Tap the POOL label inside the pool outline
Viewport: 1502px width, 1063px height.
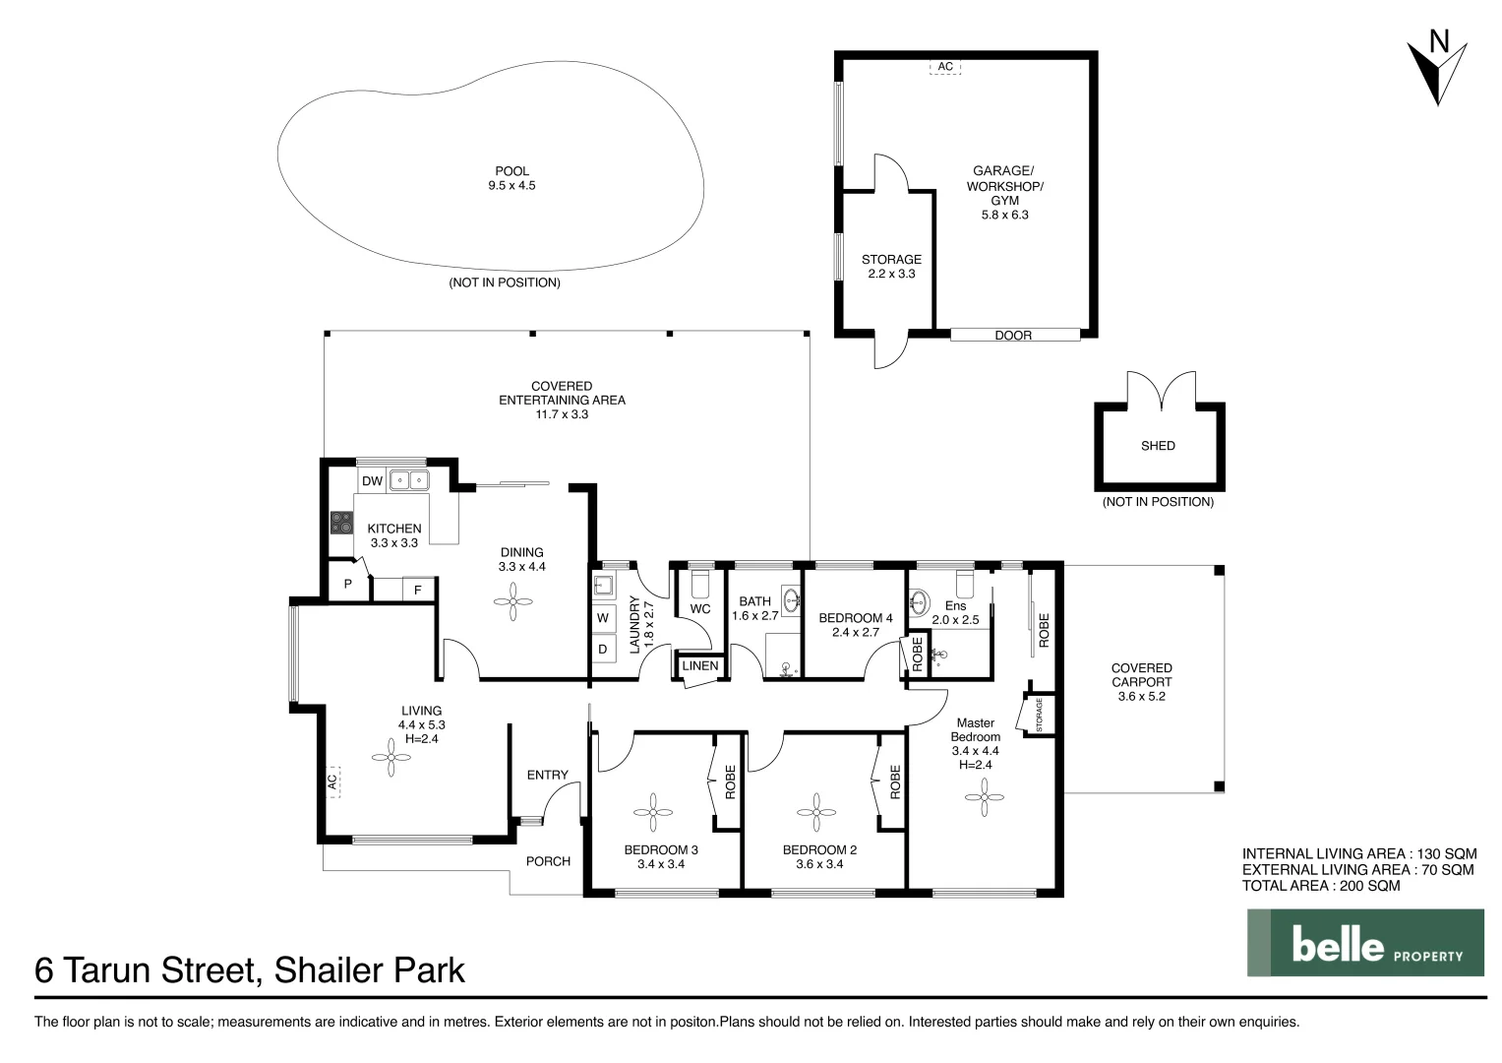tap(511, 171)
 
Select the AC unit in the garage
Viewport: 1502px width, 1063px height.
tap(945, 67)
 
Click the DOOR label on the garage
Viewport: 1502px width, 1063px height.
tap(1012, 335)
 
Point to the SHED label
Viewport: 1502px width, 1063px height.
tap(1158, 446)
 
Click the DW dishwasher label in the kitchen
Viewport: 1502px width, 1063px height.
tap(372, 481)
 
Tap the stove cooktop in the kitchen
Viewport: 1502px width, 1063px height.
tap(341, 523)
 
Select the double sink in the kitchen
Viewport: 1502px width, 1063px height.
tap(409, 480)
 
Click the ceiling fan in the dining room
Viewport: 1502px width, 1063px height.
tap(512, 601)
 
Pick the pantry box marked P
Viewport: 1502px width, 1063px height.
tap(348, 582)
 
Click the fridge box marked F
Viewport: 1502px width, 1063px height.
tap(418, 590)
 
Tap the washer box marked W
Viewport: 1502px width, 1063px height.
tap(603, 617)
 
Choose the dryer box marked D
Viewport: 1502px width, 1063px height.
tap(603, 649)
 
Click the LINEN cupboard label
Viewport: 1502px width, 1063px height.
tap(699, 665)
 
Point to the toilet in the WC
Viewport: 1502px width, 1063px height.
tap(699, 583)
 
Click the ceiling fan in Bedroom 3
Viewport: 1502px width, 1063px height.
tap(652, 812)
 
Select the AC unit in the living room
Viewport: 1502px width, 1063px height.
tap(331, 782)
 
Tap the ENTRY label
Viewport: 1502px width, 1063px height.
tap(547, 776)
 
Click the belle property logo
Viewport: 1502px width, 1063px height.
tap(1365, 943)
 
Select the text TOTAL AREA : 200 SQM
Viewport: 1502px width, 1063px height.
tap(1321, 886)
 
